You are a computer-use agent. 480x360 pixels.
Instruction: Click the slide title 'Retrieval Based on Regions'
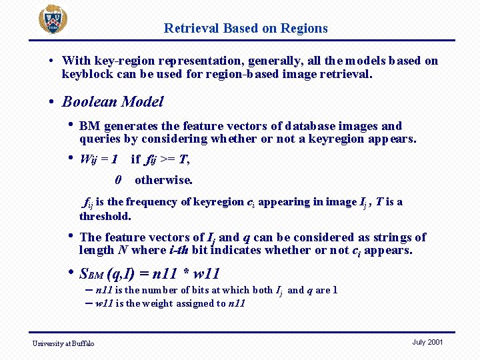click(x=246, y=28)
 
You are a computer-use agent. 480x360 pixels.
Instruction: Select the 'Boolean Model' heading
click(x=113, y=102)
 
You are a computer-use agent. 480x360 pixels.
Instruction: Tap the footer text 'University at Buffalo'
click(x=65, y=343)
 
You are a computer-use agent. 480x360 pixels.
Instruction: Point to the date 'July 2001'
click(x=427, y=342)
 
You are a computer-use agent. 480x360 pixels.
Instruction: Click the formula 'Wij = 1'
click(x=99, y=159)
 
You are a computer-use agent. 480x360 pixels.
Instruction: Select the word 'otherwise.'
click(x=163, y=180)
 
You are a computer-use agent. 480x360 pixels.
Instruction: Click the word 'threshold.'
click(x=105, y=216)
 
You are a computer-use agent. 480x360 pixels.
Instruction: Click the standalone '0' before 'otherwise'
click(x=118, y=180)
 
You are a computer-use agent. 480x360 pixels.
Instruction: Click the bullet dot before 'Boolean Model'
click(x=52, y=102)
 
